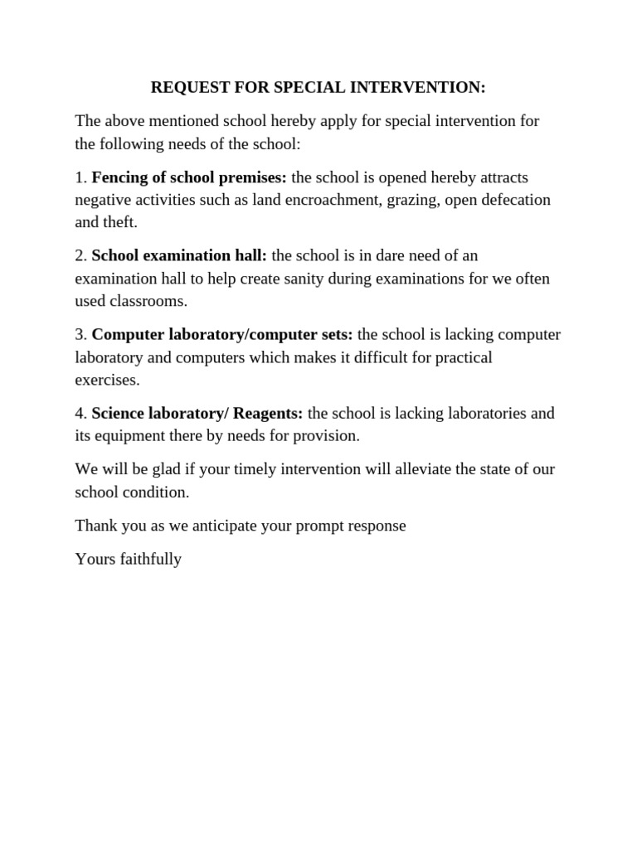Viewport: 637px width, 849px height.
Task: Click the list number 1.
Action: (80, 177)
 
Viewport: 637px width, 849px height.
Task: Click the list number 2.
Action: (80, 256)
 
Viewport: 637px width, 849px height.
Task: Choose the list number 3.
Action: (80, 335)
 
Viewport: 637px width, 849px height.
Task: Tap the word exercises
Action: (107, 380)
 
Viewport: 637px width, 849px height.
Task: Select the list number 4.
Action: (80, 414)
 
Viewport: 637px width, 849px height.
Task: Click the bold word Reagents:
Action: (268, 414)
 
